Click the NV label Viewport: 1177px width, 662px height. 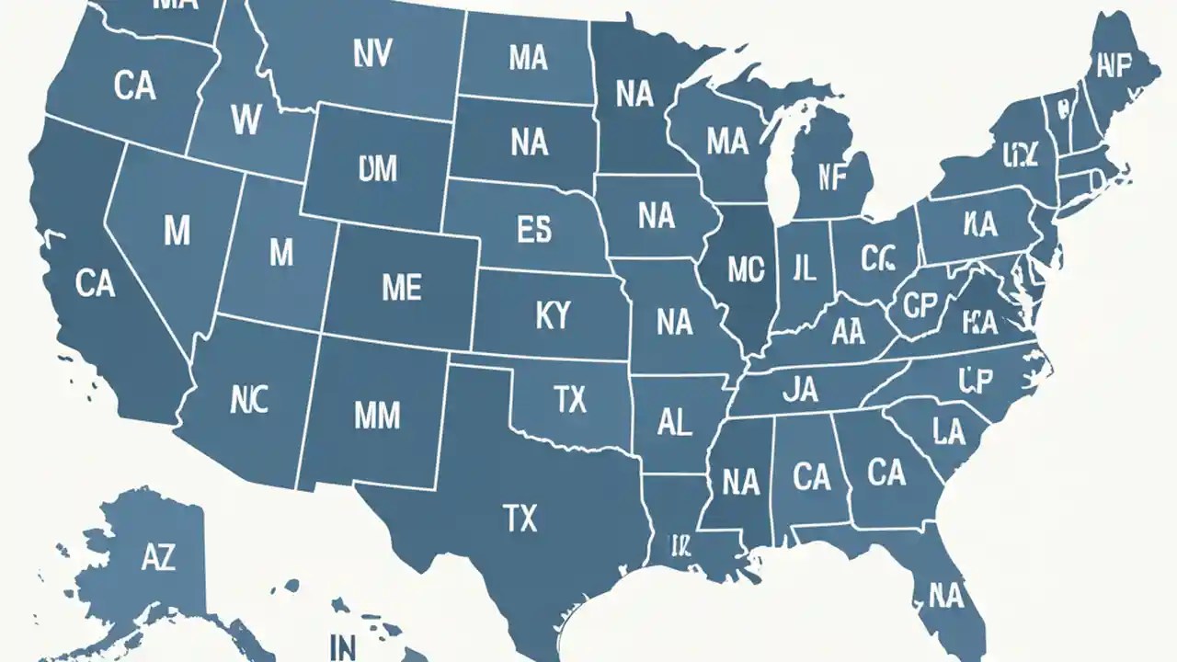[371, 55]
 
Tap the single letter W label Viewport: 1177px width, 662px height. [246, 119]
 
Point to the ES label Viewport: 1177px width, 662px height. [533, 230]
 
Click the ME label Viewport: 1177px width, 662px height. [401, 288]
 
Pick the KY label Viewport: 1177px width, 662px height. [552, 316]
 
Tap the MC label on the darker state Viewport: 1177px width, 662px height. [745, 268]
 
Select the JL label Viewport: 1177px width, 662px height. [803, 268]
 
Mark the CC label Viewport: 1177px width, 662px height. [877, 260]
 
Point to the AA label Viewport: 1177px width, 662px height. [848, 333]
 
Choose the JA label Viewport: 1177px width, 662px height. [799, 391]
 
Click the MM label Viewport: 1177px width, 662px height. [377, 416]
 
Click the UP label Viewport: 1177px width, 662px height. [977, 378]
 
